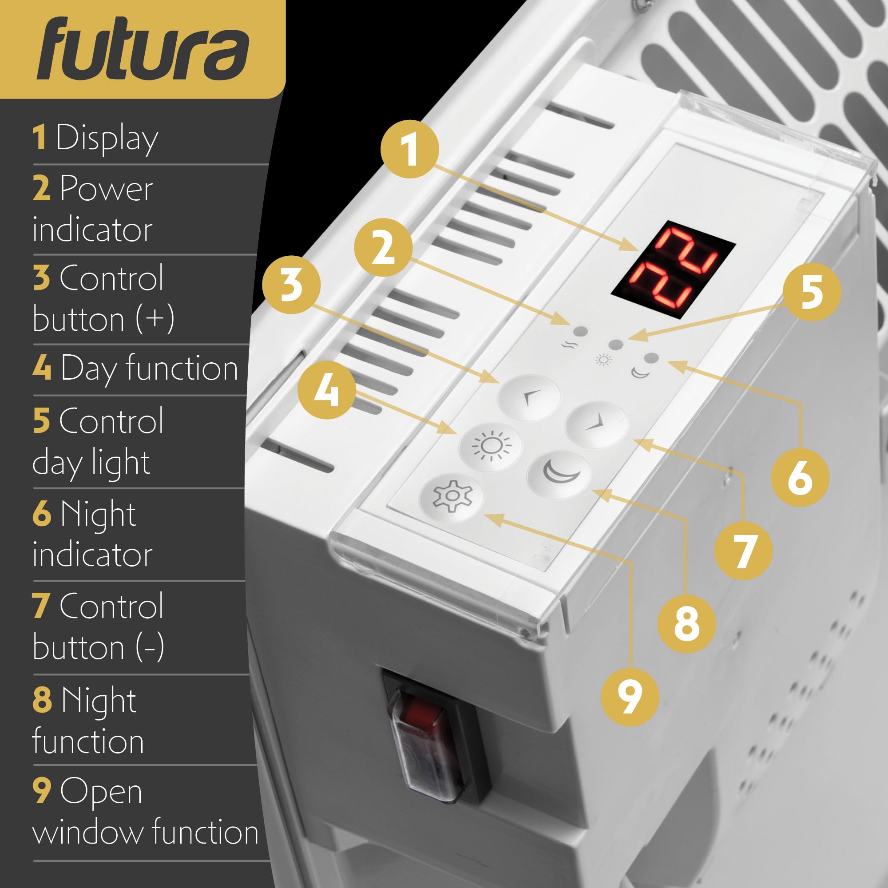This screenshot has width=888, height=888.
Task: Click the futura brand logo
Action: (x=143, y=50)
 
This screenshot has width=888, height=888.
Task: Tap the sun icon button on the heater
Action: (x=491, y=446)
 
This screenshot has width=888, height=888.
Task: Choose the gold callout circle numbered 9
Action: (x=630, y=697)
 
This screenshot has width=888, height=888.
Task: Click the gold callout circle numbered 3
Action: (x=291, y=285)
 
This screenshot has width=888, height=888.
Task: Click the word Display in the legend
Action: (x=107, y=138)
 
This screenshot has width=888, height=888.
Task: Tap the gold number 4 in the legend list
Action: (x=42, y=368)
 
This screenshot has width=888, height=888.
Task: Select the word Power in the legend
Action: (x=106, y=188)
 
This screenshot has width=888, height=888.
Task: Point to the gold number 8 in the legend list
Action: (x=42, y=700)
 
